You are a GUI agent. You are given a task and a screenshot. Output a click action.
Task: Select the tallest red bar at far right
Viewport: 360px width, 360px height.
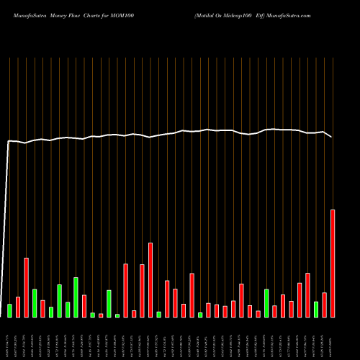click(333, 263)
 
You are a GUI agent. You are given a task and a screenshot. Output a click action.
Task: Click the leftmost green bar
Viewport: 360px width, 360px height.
click(9, 310)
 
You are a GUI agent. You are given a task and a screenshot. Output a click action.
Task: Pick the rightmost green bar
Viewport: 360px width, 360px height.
click(316, 310)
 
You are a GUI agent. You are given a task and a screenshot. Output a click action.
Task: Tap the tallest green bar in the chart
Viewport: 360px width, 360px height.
click(76, 297)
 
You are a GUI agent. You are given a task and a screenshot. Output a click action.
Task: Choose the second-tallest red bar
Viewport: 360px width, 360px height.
click(150, 279)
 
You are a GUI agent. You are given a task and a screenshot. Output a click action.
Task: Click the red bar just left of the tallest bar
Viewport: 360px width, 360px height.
click(324, 305)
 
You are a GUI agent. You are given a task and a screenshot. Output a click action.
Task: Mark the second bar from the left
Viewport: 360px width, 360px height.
click(18, 307)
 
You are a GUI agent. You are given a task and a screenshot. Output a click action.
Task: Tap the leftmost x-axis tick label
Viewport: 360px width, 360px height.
click(9, 338)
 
